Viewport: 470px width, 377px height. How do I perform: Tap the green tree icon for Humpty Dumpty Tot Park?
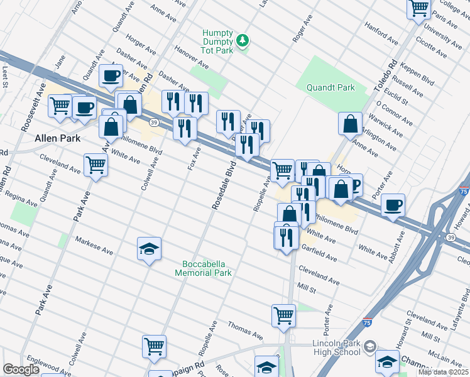243,41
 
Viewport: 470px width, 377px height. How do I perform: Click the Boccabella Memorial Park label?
207,268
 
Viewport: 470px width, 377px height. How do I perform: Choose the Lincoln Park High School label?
337,347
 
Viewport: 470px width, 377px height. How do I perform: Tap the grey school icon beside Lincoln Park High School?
370,346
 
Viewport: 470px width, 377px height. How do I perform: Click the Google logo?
21,369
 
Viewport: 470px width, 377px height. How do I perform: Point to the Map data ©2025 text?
443,373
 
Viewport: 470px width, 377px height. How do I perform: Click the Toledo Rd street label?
386,76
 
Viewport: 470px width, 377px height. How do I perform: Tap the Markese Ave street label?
94,246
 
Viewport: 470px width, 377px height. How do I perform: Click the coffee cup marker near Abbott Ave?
393,205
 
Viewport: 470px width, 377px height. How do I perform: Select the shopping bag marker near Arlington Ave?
350,124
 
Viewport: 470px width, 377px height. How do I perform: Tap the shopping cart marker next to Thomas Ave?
283,315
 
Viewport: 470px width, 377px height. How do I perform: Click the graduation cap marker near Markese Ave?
149,249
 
